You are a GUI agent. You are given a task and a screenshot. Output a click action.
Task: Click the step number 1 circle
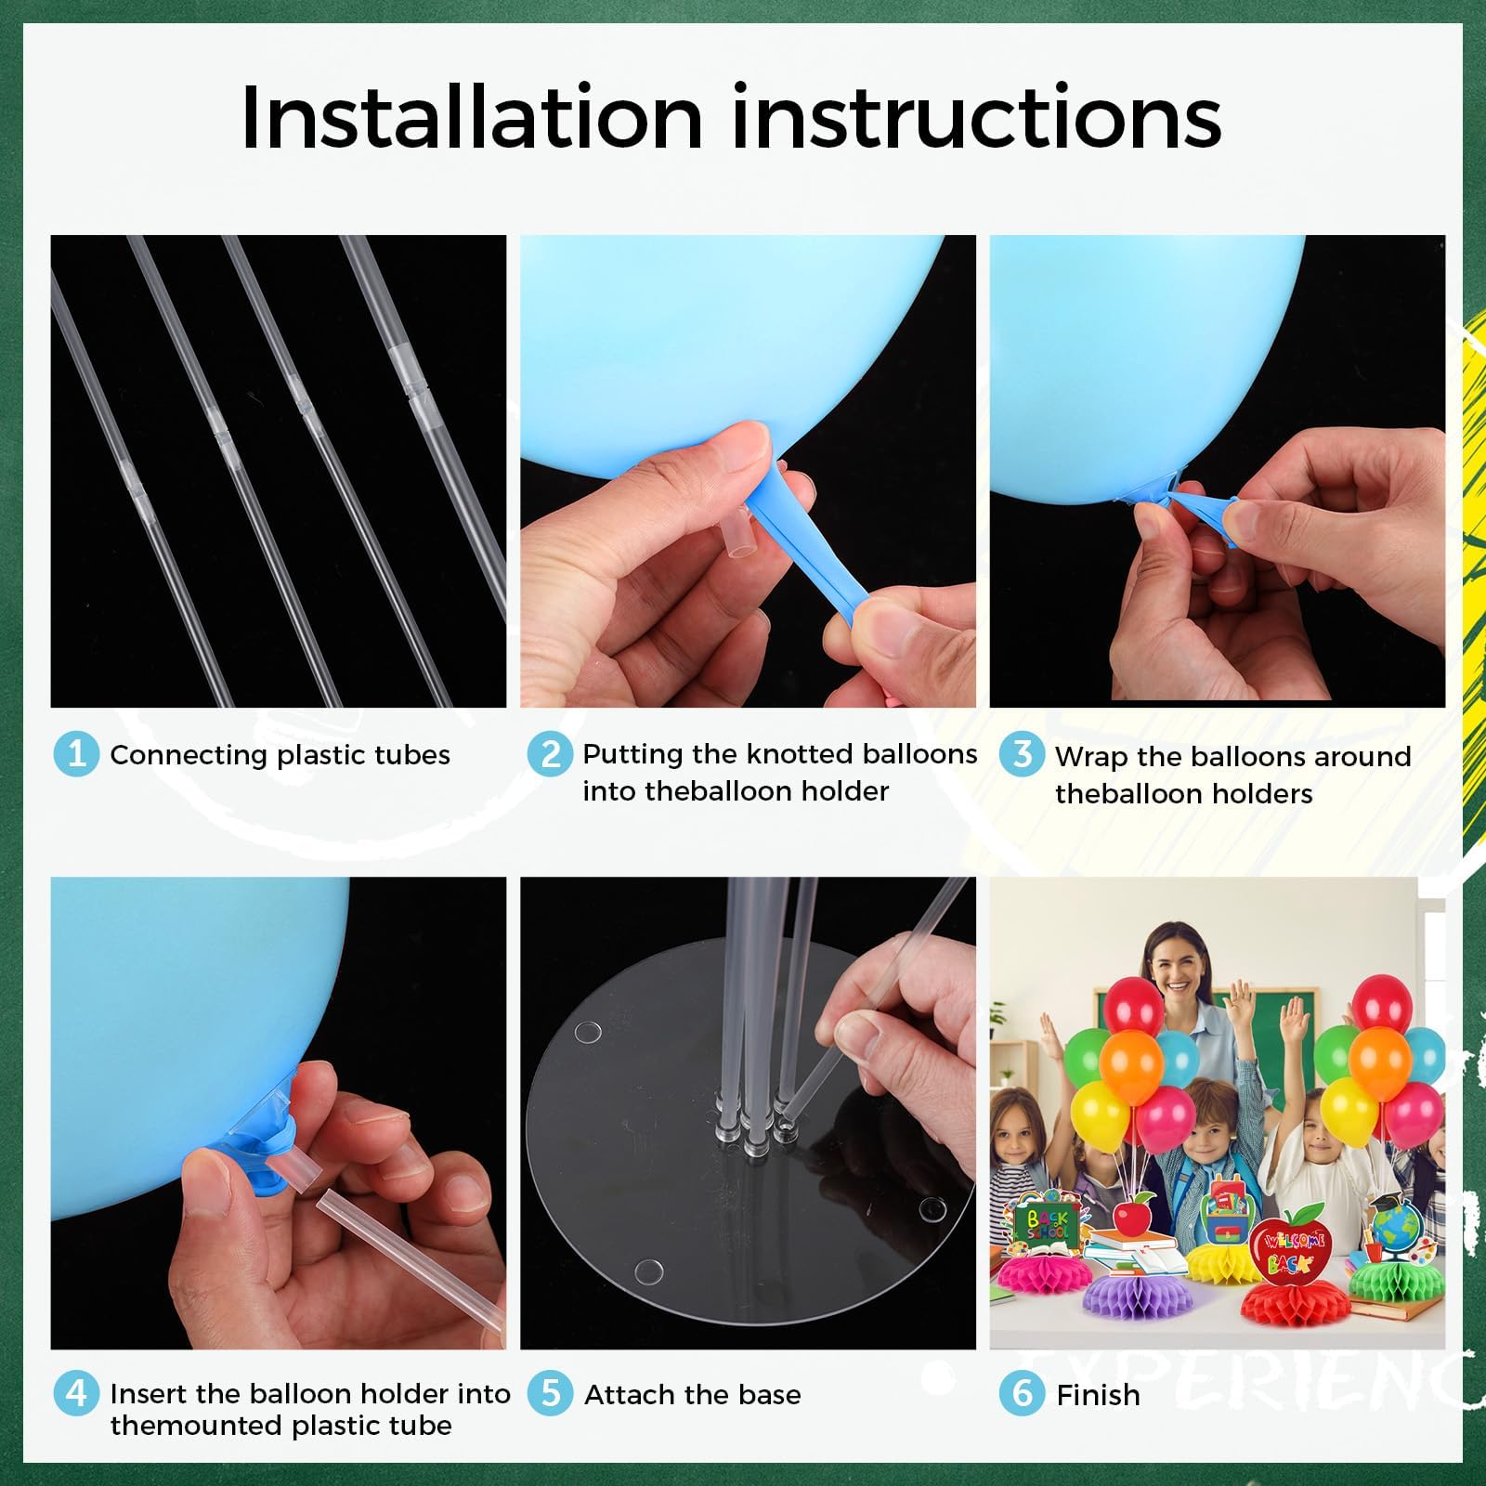(x=76, y=753)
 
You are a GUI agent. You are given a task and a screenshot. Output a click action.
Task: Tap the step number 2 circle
(x=550, y=753)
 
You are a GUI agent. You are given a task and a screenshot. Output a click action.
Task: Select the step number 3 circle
(x=1022, y=754)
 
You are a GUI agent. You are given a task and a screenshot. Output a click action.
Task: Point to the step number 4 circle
(x=76, y=1394)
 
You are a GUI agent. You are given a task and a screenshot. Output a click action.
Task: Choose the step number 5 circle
(x=550, y=1394)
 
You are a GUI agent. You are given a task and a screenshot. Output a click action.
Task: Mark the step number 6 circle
(x=1022, y=1394)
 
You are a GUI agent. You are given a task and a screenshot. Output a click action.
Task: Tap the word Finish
(x=1098, y=1395)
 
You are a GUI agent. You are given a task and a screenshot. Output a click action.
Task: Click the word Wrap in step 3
(x=1091, y=758)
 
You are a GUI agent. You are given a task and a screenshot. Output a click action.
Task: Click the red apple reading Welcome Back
(x=1291, y=1250)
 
